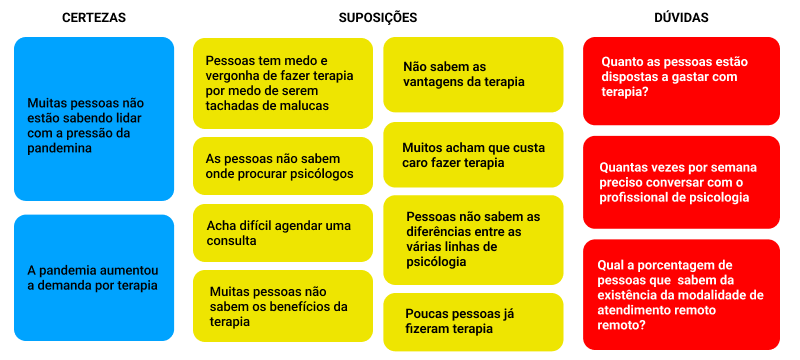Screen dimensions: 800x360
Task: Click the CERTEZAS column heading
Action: click(94, 17)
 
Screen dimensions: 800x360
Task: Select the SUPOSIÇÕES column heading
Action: click(378, 17)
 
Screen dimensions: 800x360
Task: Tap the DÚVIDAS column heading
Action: click(681, 17)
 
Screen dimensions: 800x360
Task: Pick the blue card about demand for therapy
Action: click(94, 277)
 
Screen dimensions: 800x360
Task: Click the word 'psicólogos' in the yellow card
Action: click(321, 173)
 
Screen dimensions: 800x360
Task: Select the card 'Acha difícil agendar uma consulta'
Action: click(283, 233)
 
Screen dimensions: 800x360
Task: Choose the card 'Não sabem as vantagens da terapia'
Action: click(473, 74)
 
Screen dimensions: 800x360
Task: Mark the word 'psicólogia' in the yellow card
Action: click(436, 263)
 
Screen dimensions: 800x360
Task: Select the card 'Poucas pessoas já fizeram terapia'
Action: click(473, 322)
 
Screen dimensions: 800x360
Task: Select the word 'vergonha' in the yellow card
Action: click(229, 76)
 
